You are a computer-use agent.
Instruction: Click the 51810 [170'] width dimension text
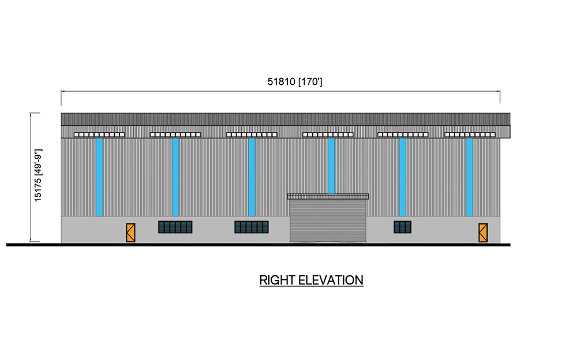(294, 82)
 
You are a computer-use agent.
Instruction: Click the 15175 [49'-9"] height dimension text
(38, 175)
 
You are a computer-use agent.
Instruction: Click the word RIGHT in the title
(278, 280)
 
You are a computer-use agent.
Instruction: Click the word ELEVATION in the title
(331, 280)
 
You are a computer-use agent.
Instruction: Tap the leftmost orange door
(130, 232)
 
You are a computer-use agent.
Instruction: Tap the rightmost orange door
(483, 232)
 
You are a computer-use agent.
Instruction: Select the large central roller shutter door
(328, 221)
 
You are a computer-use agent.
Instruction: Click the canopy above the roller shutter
(328, 197)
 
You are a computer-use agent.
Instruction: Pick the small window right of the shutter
(403, 227)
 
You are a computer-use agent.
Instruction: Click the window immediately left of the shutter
(252, 227)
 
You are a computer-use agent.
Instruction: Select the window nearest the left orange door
(175, 227)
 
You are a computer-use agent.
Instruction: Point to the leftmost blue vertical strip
(99, 177)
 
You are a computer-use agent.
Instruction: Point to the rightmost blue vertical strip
(469, 177)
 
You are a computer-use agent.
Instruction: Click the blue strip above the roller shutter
(331, 166)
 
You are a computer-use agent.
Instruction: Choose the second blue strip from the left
(175, 177)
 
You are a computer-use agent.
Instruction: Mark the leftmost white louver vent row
(99, 135)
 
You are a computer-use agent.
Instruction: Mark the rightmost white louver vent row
(470, 135)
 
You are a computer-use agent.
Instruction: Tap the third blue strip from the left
(252, 177)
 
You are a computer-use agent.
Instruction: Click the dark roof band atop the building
(286, 119)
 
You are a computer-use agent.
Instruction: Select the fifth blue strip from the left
(403, 177)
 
